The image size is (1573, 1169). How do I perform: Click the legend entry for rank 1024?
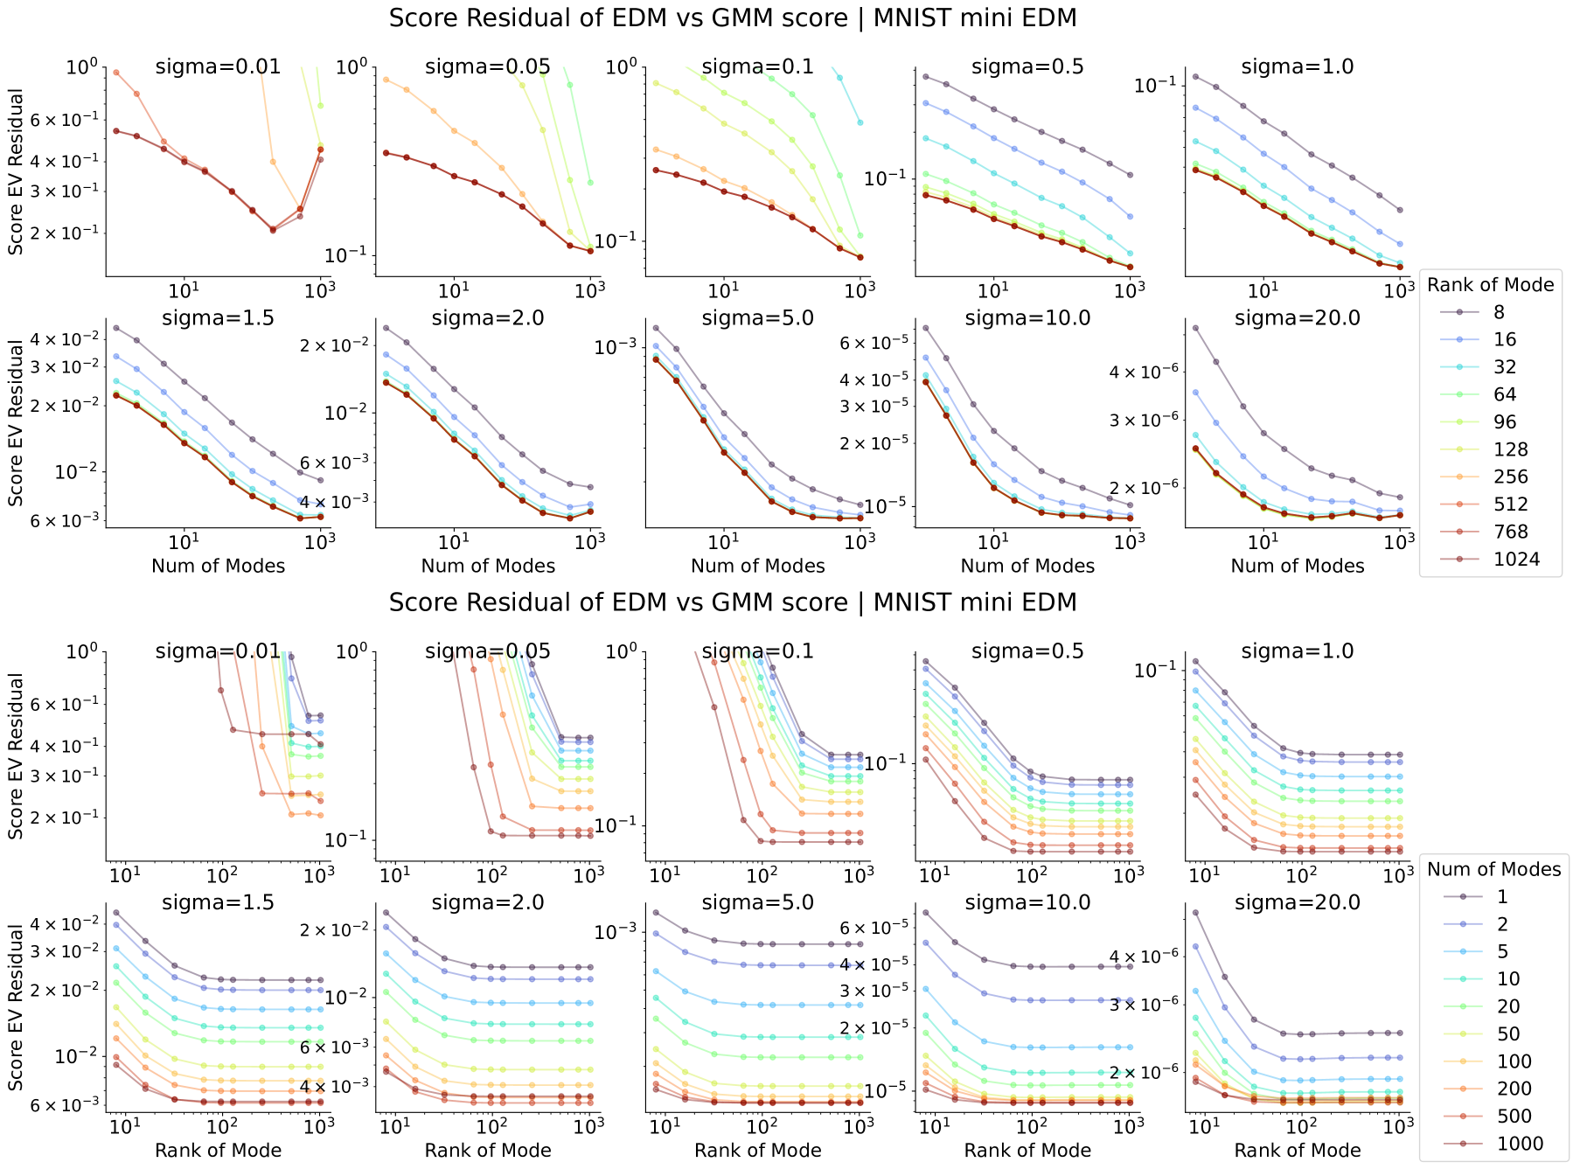1516,560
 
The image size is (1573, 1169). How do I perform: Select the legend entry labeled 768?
1510,532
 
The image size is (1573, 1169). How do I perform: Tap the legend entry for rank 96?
1504,422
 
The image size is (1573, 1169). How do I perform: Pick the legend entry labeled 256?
1510,477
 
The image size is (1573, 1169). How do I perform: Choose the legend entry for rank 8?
1499,312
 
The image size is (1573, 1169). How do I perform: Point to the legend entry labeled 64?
1504,394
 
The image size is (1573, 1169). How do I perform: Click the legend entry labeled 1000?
1520,1144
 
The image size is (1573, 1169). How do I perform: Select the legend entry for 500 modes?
1514,1117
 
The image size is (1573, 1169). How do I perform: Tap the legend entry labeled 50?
1508,1034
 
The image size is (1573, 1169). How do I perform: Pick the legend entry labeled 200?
1514,1089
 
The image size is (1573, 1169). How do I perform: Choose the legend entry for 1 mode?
1502,897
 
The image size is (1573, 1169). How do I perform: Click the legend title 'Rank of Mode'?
1490,285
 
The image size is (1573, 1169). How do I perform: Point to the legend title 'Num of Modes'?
1493,869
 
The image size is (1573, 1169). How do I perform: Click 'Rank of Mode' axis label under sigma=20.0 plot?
1297,1151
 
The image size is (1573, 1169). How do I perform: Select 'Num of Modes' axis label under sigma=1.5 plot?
218,566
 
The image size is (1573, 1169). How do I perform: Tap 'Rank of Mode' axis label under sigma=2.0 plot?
488,1151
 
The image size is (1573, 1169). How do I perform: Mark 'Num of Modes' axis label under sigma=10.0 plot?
1027,566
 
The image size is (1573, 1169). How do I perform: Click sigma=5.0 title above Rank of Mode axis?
757,902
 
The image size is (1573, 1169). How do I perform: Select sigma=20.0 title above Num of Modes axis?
1297,318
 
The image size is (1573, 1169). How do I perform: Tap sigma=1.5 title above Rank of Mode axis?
218,902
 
